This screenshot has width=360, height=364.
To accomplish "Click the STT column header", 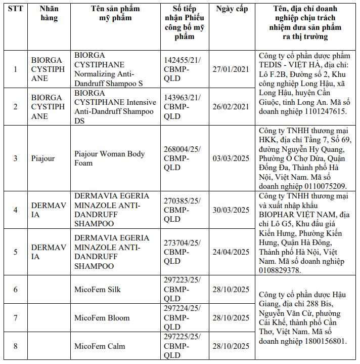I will (x=15, y=9).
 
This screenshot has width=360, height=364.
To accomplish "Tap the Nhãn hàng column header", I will (x=49, y=13).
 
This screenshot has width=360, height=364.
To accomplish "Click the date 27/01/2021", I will (x=231, y=69).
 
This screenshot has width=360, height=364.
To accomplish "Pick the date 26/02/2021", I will (x=231, y=106).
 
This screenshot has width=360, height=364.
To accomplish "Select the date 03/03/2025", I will (x=231, y=158).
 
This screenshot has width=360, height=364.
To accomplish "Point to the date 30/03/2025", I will (x=231, y=210).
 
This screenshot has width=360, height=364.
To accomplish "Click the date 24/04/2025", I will (x=231, y=252).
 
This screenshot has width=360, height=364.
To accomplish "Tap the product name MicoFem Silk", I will (x=98, y=290).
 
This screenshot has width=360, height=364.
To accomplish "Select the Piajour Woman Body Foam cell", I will (x=109, y=158).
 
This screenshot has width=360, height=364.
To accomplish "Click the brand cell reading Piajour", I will (x=43, y=158).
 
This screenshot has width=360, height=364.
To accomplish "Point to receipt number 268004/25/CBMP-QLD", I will (x=182, y=158).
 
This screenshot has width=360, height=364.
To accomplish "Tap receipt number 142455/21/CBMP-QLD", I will (x=182, y=69).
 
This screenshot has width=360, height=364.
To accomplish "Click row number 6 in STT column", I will (x=15, y=290).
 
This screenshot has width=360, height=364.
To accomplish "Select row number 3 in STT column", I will (x=15, y=158).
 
